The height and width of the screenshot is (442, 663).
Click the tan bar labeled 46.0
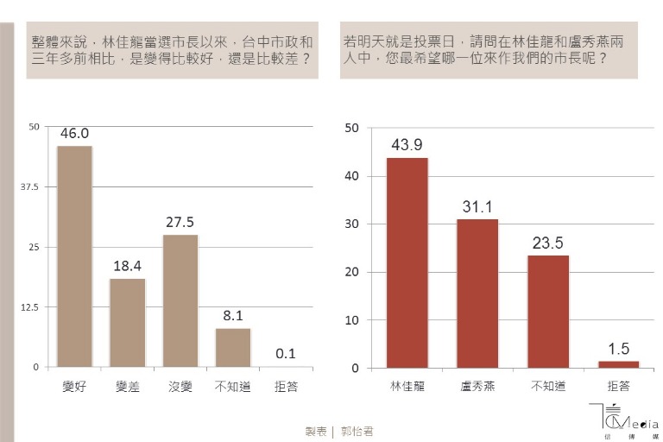[74, 256]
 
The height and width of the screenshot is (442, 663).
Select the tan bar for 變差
[128, 323]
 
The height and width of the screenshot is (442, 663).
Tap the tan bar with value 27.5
[180, 300]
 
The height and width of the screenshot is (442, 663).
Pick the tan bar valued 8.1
[233, 347]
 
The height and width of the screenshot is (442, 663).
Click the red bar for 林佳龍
[407, 262]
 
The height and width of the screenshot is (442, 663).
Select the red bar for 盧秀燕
[477, 294]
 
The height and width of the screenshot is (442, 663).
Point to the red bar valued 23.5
[548, 312]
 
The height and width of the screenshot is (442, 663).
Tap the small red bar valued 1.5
[618, 364]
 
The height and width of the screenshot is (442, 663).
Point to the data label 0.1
[286, 352]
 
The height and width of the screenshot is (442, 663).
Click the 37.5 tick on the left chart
[28, 186]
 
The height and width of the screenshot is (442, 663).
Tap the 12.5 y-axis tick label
[28, 307]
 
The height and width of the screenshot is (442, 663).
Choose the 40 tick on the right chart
[352, 176]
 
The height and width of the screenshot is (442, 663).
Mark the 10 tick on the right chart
[352, 320]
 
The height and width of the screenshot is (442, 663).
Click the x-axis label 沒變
[180, 388]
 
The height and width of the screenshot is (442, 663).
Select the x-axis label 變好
[75, 388]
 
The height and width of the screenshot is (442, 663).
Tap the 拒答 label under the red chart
[618, 388]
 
